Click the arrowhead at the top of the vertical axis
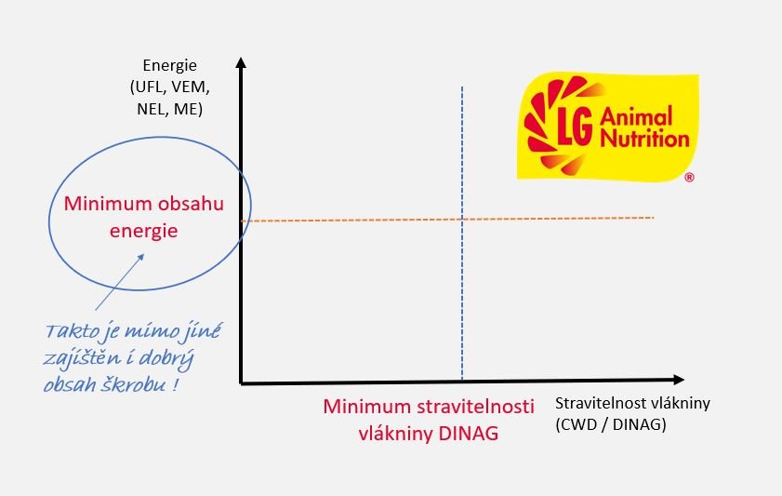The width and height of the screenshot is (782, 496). click(x=241, y=62)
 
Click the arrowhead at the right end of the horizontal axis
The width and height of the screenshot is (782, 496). click(x=679, y=380)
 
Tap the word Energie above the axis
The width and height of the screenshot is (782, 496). click(x=169, y=65)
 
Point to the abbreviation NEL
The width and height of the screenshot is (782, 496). click(x=152, y=109)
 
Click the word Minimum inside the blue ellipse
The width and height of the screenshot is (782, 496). click(x=108, y=204)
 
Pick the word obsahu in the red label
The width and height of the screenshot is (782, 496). click(x=191, y=204)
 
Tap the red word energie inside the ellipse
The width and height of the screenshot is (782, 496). click(x=143, y=231)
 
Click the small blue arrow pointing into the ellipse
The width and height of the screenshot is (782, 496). click(x=120, y=282)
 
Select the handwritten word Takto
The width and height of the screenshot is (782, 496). click(x=72, y=331)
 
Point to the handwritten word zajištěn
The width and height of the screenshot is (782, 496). click(x=82, y=358)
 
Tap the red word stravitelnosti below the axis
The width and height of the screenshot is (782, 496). click(x=475, y=407)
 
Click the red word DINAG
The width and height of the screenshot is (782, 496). click(x=469, y=434)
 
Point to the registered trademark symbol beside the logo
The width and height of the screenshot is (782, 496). click(x=689, y=177)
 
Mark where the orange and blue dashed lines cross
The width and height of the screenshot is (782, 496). click(x=462, y=219)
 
